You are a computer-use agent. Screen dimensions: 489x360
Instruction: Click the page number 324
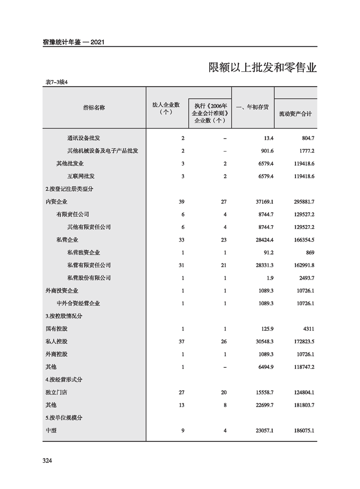click(x=48, y=461)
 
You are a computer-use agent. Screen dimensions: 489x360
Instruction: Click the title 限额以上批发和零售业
click(x=262, y=68)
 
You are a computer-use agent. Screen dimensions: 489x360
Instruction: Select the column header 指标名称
click(x=94, y=108)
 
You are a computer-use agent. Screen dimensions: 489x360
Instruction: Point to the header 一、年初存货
click(x=252, y=108)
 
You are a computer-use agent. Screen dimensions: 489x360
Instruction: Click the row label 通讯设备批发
click(x=84, y=138)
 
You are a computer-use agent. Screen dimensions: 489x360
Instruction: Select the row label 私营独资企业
click(x=84, y=252)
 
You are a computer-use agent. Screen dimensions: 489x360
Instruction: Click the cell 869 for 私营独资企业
click(x=309, y=252)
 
